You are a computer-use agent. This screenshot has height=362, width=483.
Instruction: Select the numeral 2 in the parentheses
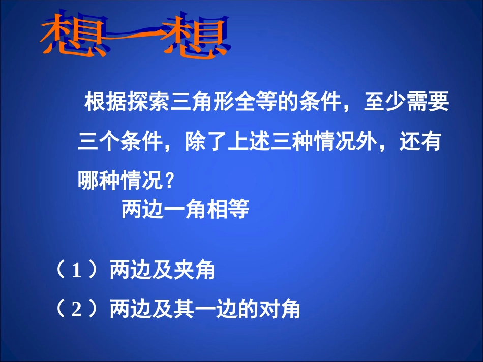click(x=77, y=309)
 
